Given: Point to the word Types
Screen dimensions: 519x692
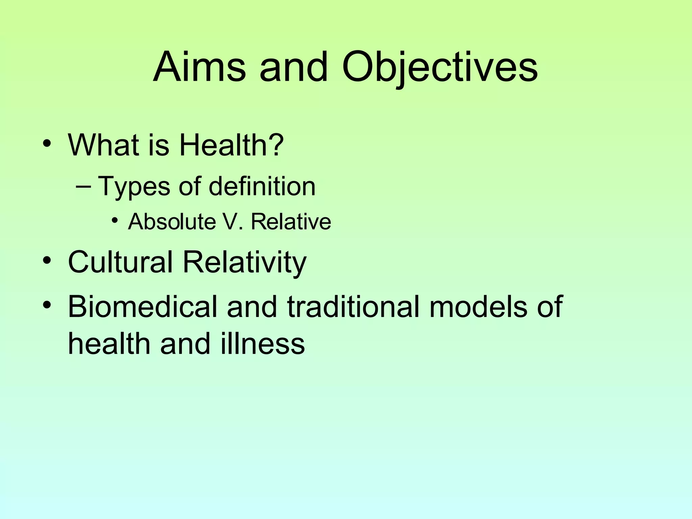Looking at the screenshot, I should (x=133, y=187).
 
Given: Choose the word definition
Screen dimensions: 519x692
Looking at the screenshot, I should (x=262, y=186).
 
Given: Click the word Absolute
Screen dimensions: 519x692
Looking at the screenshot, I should (x=172, y=222).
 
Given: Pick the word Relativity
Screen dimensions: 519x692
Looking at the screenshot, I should (x=245, y=263).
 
